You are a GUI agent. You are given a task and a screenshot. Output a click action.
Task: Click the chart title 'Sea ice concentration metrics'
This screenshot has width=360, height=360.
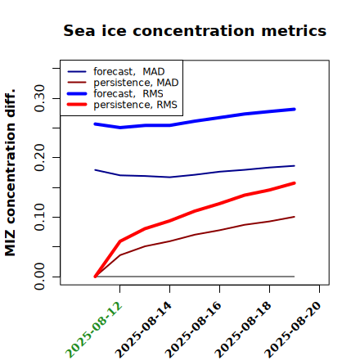(x=195, y=31)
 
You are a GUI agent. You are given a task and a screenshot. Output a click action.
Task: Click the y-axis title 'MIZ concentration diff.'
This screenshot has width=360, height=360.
(x=10, y=173)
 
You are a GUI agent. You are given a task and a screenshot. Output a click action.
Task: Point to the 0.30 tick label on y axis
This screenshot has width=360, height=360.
(x=39, y=98)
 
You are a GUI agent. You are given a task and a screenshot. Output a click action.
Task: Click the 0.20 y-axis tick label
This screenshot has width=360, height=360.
(x=39, y=158)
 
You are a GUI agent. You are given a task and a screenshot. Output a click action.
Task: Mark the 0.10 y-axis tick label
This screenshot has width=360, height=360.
(x=39, y=217)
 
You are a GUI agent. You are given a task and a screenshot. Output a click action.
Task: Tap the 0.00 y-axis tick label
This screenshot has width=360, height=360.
(x=39, y=277)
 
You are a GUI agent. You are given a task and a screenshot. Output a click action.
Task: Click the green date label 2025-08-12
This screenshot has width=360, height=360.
(x=94, y=330)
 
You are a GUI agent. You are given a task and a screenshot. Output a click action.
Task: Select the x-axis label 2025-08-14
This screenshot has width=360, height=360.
(x=143, y=330)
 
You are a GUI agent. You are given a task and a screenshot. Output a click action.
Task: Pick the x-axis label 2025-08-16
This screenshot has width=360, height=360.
(x=193, y=330)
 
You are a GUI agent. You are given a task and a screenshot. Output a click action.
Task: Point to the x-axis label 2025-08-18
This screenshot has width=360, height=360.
(x=243, y=330)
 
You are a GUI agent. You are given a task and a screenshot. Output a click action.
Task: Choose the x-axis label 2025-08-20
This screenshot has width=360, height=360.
(x=293, y=330)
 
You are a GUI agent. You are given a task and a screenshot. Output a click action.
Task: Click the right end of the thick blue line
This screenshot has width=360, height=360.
(x=295, y=110)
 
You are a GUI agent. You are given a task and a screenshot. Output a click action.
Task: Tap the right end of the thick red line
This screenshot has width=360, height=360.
(x=295, y=183)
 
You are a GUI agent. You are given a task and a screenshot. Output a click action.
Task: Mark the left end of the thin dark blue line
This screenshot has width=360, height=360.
(x=95, y=170)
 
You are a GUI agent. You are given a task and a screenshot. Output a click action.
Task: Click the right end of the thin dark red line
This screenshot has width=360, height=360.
(x=295, y=217)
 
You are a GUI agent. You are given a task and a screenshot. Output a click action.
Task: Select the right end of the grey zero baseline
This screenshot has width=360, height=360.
(x=295, y=277)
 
